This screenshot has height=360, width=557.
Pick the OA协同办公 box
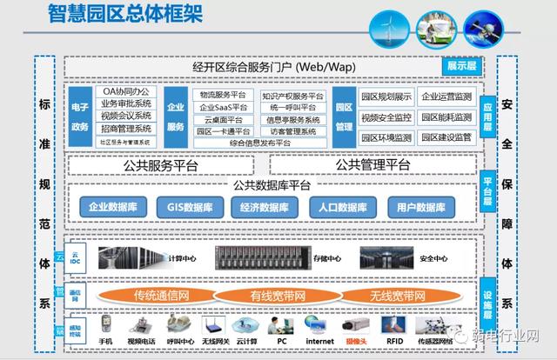(x=126, y=90)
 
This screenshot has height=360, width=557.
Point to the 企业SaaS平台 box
(x=224, y=108)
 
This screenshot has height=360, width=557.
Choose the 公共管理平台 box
(x=373, y=165)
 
